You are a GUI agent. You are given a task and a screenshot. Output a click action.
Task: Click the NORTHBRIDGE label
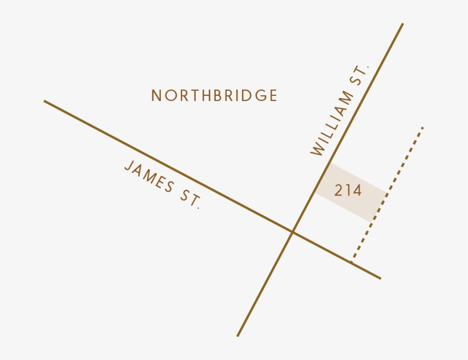(x=214, y=96)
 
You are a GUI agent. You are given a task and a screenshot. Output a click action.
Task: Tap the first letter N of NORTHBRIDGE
(x=156, y=96)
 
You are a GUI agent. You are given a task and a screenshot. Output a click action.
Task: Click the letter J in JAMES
(x=128, y=167)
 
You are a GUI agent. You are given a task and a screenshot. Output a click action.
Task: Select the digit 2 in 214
(x=338, y=191)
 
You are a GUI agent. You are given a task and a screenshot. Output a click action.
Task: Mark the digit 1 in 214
(x=348, y=191)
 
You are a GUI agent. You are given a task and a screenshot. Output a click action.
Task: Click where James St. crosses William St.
(x=293, y=232)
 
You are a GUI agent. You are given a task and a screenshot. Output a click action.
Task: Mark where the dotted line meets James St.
(x=352, y=261)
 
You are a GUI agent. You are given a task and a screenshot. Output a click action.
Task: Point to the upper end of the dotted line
(x=423, y=127)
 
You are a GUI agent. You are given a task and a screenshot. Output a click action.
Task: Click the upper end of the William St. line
(x=402, y=24)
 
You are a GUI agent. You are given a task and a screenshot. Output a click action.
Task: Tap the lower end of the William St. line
(x=238, y=335)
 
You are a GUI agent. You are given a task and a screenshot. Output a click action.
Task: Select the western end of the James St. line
(x=45, y=102)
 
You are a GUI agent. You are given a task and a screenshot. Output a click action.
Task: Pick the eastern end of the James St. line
(x=380, y=278)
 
